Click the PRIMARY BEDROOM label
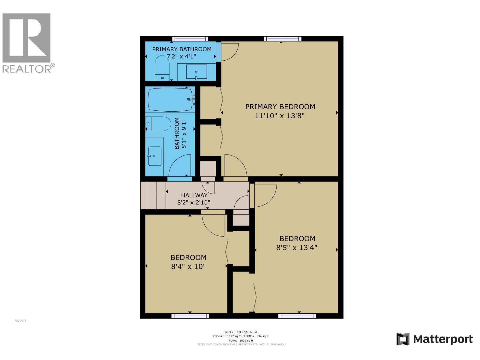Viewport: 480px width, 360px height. [x=280, y=107]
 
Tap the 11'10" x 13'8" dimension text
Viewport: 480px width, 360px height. [x=280, y=116]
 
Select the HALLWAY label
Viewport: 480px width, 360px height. [x=194, y=195]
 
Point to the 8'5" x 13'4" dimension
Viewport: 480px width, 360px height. [x=297, y=247]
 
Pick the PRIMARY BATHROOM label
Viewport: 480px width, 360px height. [x=181, y=49]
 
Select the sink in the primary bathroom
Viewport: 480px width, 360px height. [x=196, y=72]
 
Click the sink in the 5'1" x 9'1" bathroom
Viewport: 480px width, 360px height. [x=154, y=156]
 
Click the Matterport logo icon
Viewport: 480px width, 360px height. [x=403, y=339]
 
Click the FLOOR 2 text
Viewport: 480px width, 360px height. [x=20, y=321]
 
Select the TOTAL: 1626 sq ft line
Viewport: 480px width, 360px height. [x=241, y=340]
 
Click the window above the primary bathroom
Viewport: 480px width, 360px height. [x=190, y=39]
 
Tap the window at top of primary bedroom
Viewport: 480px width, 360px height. [x=282, y=39]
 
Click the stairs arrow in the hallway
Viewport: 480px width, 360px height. [x=156, y=194]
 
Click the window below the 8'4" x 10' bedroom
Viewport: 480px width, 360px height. [x=190, y=316]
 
